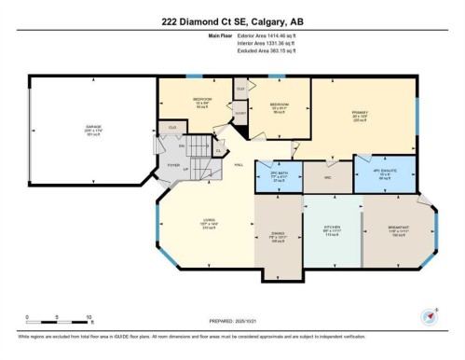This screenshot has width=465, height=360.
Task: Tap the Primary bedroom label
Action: tap(361, 115)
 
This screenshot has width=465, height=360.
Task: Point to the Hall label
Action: tap(239, 165)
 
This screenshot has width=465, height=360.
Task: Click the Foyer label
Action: tap(173, 164)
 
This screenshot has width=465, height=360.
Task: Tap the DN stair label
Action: tap(182, 145)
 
